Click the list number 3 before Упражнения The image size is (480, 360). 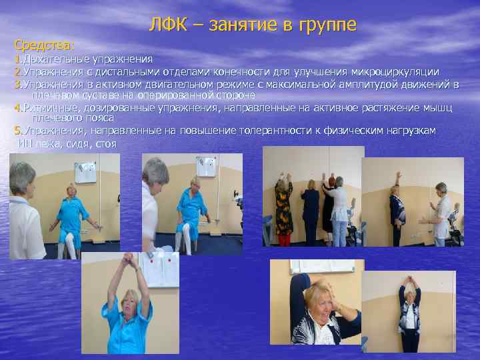[x=17, y=85]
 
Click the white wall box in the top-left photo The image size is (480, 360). [x=85, y=172]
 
